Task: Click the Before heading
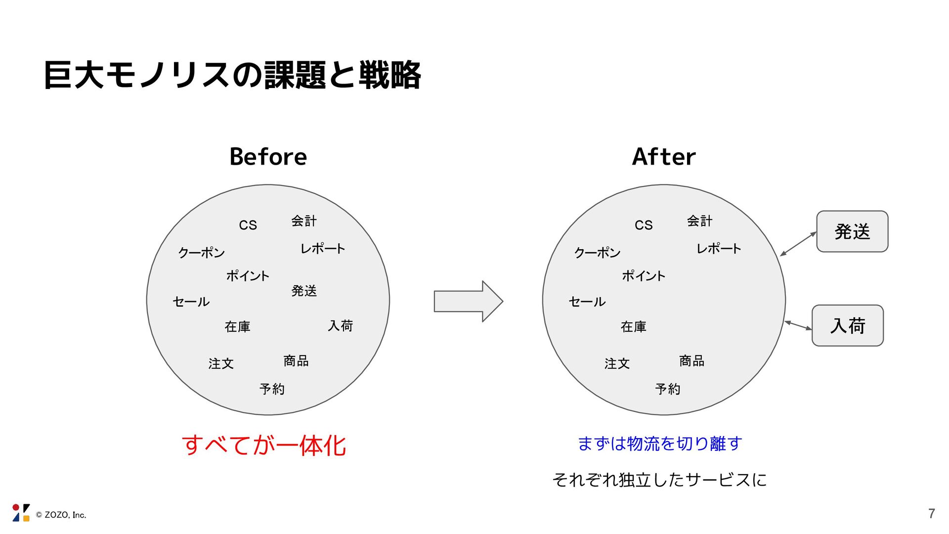[268, 157]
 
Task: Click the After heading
[664, 157]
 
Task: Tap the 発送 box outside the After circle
[852, 231]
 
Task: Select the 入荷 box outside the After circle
[848, 325]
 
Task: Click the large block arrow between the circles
[468, 301]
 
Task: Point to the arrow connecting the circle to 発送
[798, 244]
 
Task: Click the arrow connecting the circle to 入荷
[798, 325]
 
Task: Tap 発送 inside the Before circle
[304, 291]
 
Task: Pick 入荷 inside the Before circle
[340, 325]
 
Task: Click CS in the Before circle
[248, 225]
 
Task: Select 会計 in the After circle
[699, 221]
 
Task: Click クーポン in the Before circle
[201, 253]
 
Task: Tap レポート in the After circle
[719, 248]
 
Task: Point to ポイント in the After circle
[644, 275]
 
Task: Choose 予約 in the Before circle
[272, 389]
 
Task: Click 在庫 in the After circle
[633, 326]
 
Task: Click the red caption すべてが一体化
[264, 445]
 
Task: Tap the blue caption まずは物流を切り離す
[660, 443]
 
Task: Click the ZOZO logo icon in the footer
[21, 513]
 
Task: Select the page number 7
[931, 514]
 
